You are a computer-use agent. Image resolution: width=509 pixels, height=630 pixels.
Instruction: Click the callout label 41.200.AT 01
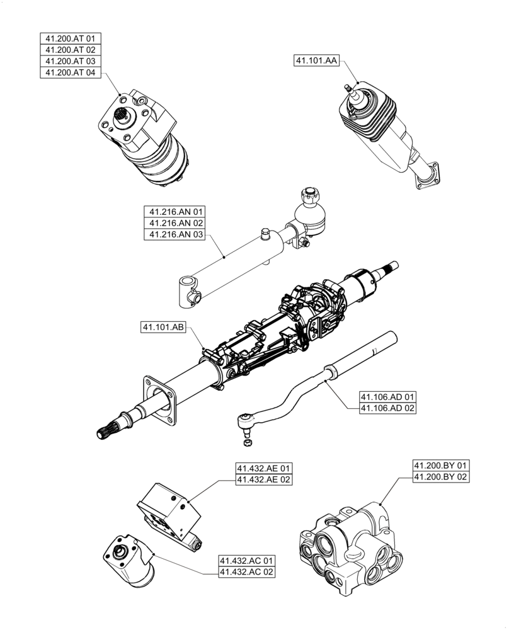click(69, 38)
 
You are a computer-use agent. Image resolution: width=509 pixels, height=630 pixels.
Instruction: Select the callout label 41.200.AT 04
click(69, 72)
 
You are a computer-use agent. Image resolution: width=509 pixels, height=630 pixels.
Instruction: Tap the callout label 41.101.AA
click(316, 60)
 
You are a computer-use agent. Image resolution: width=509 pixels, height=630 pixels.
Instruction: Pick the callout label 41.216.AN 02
click(176, 223)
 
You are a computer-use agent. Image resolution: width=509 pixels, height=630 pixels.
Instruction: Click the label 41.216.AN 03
click(176, 234)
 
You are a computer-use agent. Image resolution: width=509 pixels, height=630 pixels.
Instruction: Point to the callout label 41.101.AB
click(163, 328)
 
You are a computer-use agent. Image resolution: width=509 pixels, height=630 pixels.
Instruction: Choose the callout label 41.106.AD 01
click(388, 397)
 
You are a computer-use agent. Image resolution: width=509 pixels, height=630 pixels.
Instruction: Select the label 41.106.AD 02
click(388, 408)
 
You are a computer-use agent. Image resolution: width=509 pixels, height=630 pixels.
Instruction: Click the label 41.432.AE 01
click(265, 469)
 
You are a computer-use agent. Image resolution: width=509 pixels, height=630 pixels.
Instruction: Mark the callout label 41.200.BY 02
click(441, 477)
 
